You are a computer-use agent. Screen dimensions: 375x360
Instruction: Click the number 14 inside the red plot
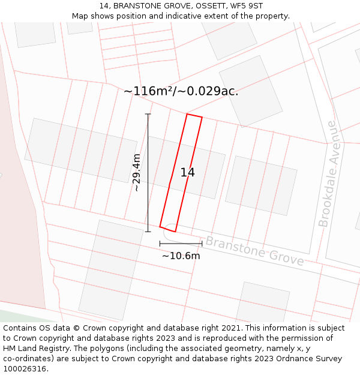point(187,173)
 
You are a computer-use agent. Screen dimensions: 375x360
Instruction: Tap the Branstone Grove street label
point(254,251)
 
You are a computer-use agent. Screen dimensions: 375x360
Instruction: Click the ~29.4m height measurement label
point(137,173)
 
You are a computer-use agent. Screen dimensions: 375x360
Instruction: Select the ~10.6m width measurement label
point(181,256)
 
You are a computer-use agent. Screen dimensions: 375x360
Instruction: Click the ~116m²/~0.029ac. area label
point(181,91)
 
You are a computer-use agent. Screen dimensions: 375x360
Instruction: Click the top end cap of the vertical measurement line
point(148,114)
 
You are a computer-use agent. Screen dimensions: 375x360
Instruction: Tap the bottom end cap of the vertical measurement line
point(148,232)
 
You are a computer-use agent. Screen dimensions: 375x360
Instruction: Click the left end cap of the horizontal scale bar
point(160,244)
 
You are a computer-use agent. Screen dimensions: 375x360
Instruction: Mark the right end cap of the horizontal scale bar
point(202,244)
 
